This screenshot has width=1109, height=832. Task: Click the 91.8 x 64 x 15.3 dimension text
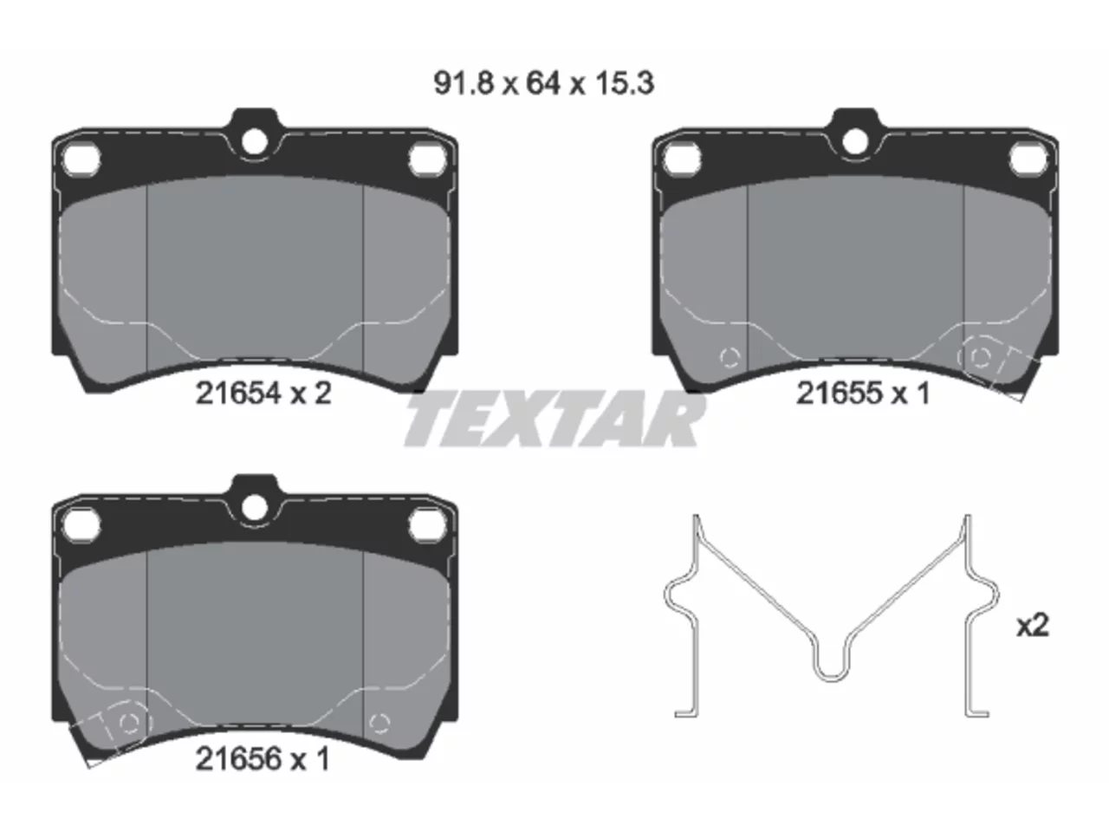tap(543, 83)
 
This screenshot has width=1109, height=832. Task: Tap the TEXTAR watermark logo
tap(554, 419)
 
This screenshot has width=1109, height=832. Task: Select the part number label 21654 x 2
tap(263, 393)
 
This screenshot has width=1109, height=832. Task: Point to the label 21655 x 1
tap(863, 393)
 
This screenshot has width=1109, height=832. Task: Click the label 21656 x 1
tap(263, 759)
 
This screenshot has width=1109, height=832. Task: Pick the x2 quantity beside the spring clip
tap(1033, 626)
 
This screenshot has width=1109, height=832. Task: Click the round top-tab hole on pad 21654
tap(254, 141)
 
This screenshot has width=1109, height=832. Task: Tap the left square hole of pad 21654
tap(82, 159)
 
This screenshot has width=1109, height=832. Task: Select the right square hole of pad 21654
tap(427, 159)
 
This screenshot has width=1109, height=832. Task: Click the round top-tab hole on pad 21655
tap(855, 141)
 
